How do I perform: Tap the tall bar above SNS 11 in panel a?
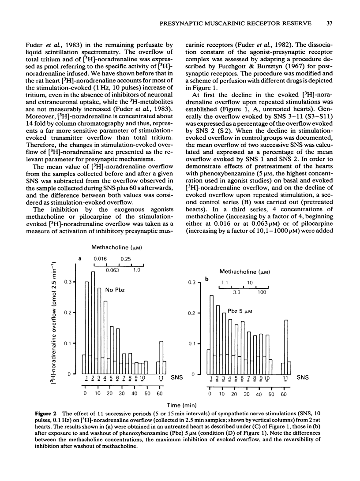click(x=161, y=353)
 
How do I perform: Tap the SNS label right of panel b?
click(x=303, y=378)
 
